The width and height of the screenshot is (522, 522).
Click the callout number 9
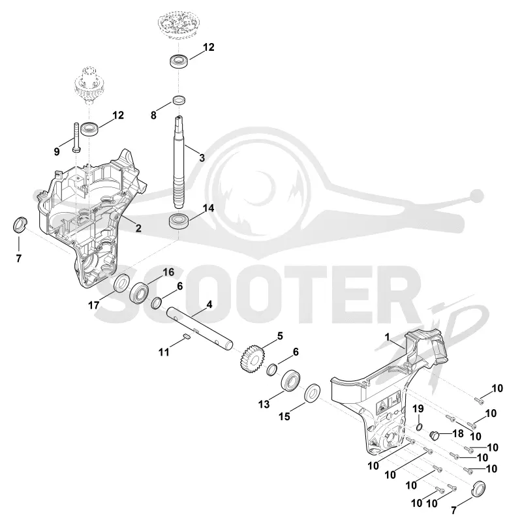[x=57, y=152]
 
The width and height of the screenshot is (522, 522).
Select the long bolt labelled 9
[x=76, y=137]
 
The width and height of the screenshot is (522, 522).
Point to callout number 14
[x=208, y=208]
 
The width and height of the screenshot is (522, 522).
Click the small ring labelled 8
[x=179, y=100]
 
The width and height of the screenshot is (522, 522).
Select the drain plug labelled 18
[x=435, y=435]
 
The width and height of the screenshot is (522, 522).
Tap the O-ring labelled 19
[x=420, y=427]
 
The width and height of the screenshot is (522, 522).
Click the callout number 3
[x=202, y=157]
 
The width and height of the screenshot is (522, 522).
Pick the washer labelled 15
[x=313, y=393]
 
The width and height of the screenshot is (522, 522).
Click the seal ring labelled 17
[x=122, y=283]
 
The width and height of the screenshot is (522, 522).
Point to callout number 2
[x=138, y=228]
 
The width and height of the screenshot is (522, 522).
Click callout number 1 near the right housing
[x=387, y=337]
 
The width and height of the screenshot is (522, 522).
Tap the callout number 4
[x=209, y=304]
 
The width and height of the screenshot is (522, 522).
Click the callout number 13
[x=264, y=404]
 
